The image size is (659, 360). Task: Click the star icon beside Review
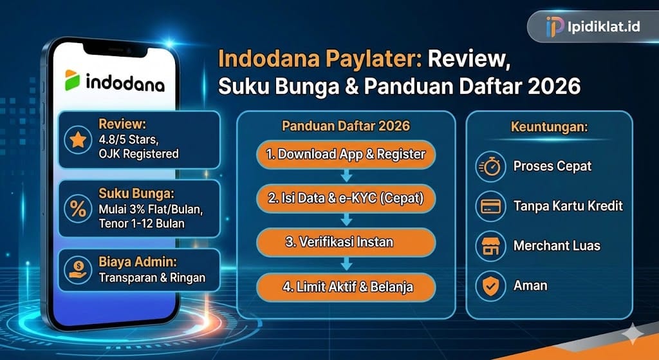point(78,140)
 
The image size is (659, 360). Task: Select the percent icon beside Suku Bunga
point(78,207)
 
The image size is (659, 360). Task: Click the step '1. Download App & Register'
point(346,155)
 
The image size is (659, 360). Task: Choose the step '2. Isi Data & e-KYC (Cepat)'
point(346,198)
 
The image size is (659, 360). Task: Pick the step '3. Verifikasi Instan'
point(346,242)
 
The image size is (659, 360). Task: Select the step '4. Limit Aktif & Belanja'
point(346,286)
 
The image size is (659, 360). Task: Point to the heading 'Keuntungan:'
point(549,127)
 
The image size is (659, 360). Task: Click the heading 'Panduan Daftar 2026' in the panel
point(346,126)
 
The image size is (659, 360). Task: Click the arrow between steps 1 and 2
point(346,176)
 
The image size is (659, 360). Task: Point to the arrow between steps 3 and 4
point(346,264)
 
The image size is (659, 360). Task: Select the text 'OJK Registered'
point(138,154)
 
